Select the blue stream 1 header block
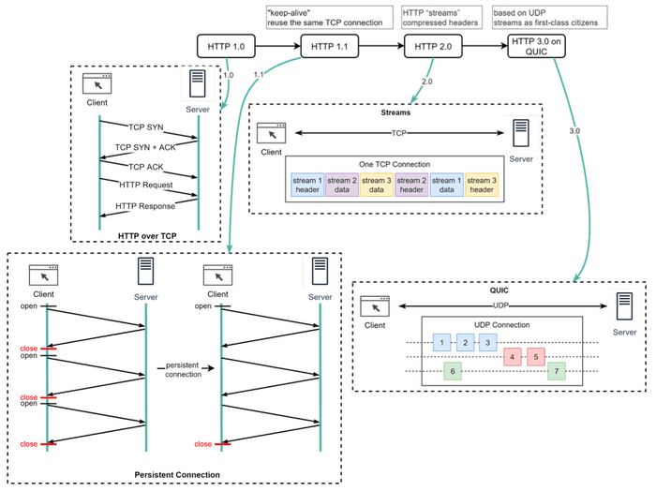click(x=307, y=185)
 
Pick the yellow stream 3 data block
click(x=376, y=185)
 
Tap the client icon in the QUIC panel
click(x=376, y=307)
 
